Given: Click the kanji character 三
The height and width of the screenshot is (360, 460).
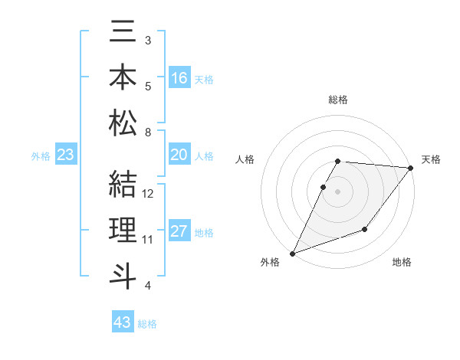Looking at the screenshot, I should click(x=123, y=35).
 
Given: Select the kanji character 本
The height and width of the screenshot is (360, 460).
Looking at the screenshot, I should click(x=123, y=78).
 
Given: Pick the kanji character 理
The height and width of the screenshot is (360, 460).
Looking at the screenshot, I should click(x=123, y=229).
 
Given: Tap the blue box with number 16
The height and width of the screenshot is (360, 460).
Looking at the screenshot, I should click(x=179, y=78).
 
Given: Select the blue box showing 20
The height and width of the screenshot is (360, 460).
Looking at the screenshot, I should click(x=179, y=155).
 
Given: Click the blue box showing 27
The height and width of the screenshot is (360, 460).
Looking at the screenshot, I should click(x=179, y=231).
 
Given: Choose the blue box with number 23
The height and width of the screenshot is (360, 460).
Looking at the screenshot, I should click(x=66, y=155).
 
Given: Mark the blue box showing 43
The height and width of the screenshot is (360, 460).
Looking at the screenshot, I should click(x=123, y=322).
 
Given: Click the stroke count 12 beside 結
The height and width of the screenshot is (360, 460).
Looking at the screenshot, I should click(x=149, y=193).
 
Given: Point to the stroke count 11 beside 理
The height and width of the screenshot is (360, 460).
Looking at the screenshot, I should click(x=148, y=240).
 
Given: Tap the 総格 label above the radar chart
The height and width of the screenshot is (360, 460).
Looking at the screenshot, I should click(x=338, y=100).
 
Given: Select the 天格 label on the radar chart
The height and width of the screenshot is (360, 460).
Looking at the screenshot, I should click(x=431, y=159).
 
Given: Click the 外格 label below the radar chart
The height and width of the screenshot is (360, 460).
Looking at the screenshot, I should click(x=270, y=262).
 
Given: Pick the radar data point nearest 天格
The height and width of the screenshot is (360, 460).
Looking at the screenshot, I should click(x=411, y=168).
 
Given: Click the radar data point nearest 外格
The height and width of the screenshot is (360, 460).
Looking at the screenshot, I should click(x=292, y=254).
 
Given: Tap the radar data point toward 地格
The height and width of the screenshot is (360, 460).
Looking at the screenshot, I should click(x=365, y=229).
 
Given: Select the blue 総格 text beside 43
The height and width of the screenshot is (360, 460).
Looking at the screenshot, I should click(x=147, y=324).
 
